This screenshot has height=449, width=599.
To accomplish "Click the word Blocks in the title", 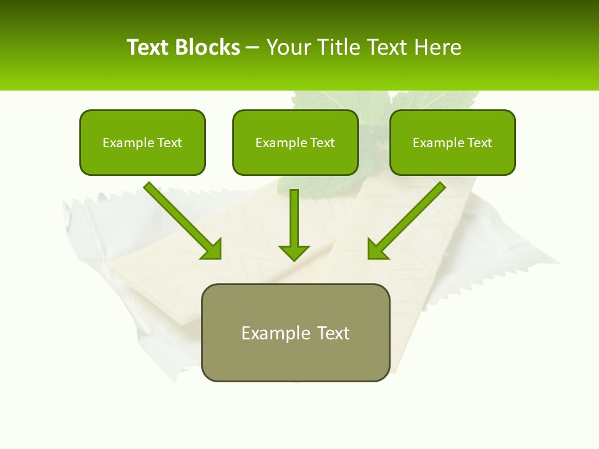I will point(209,47).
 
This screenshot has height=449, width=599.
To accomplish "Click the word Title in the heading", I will point(337,47).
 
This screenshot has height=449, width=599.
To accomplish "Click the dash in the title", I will point(253,48).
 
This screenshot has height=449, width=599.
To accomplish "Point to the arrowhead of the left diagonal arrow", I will point(212,249).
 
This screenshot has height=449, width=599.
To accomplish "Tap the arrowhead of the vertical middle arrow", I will point(294,253).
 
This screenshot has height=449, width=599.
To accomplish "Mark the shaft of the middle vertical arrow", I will point(294,215).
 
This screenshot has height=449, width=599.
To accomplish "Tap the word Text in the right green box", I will point(479,143).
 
